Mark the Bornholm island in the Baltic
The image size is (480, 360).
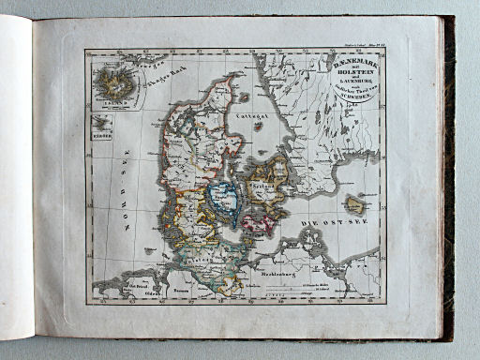coord(355,204)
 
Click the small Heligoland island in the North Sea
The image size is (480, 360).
coord(150,250)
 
